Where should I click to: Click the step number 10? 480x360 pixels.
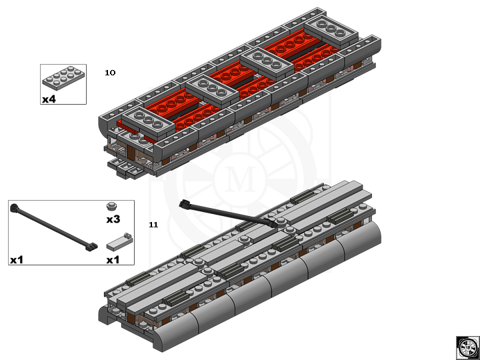(110, 73)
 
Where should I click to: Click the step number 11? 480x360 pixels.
(153, 225)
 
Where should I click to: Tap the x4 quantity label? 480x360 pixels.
(49, 99)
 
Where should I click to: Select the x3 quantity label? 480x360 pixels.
(113, 219)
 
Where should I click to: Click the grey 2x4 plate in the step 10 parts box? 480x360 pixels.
(63, 79)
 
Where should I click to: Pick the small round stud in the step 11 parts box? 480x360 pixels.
(113, 206)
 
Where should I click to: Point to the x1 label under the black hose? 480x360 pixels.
(17, 259)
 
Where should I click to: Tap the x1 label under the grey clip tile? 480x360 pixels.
(113, 259)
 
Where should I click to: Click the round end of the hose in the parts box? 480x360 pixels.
(14, 207)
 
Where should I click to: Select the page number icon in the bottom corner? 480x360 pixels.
(467, 347)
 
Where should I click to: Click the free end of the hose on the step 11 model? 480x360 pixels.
(185, 203)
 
